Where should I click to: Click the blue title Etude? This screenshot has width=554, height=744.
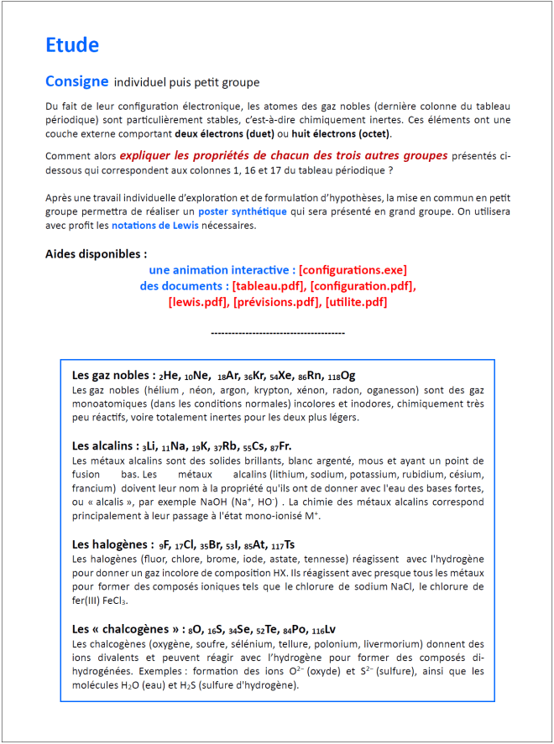(72, 45)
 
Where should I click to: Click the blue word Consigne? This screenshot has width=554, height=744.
(76, 81)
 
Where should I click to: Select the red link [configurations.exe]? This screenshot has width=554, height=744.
(353, 270)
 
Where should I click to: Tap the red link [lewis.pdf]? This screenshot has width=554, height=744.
(197, 302)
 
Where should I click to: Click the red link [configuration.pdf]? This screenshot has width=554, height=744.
(363, 286)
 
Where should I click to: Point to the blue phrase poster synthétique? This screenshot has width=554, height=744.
(248, 211)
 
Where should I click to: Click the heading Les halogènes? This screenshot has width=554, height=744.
(109, 544)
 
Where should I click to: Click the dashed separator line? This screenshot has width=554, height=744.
(277, 334)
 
